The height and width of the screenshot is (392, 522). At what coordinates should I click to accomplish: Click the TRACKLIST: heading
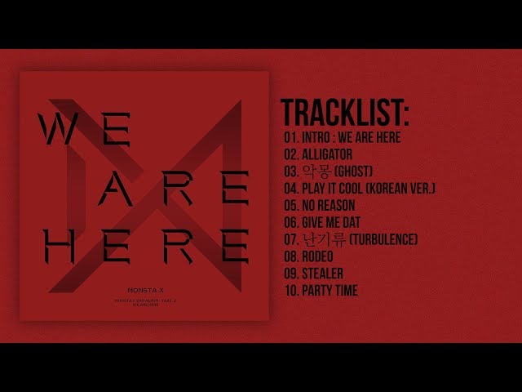[345, 111]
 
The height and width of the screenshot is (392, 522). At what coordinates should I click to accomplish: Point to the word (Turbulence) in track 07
[383, 238]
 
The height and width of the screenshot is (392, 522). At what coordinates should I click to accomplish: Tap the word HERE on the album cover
[143, 243]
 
